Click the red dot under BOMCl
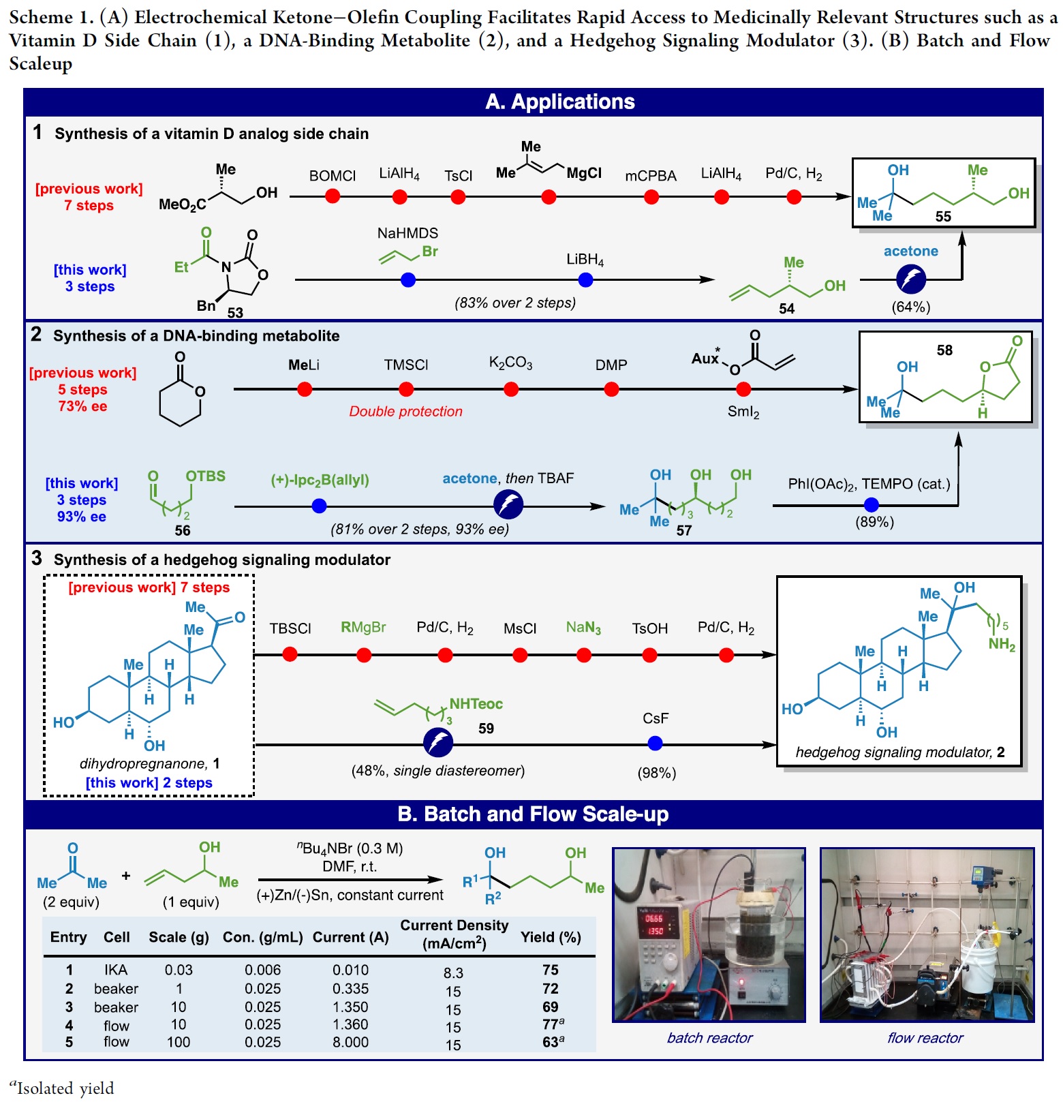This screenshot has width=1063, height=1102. click(333, 196)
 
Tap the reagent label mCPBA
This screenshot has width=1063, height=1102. click(650, 176)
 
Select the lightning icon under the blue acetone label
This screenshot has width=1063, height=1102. click(911, 279)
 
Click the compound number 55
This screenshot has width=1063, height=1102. click(943, 216)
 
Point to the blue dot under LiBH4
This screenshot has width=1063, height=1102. click(585, 279)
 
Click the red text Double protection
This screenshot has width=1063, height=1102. click(405, 411)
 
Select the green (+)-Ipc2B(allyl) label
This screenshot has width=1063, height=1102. click(320, 480)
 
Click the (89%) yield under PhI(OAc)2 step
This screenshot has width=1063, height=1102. click(874, 522)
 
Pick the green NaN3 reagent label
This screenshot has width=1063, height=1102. click(583, 627)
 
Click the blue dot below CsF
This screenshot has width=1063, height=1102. click(655, 744)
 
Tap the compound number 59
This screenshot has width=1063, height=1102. click(486, 729)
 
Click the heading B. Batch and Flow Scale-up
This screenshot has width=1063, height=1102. click(533, 814)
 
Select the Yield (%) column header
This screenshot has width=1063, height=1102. click(551, 937)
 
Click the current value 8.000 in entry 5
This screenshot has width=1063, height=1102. click(350, 1042)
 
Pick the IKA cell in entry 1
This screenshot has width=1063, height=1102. click(116, 970)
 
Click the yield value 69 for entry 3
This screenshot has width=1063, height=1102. click(551, 1007)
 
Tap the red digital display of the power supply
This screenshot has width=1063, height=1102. click(654, 924)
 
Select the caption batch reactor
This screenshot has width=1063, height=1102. click(709, 1038)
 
